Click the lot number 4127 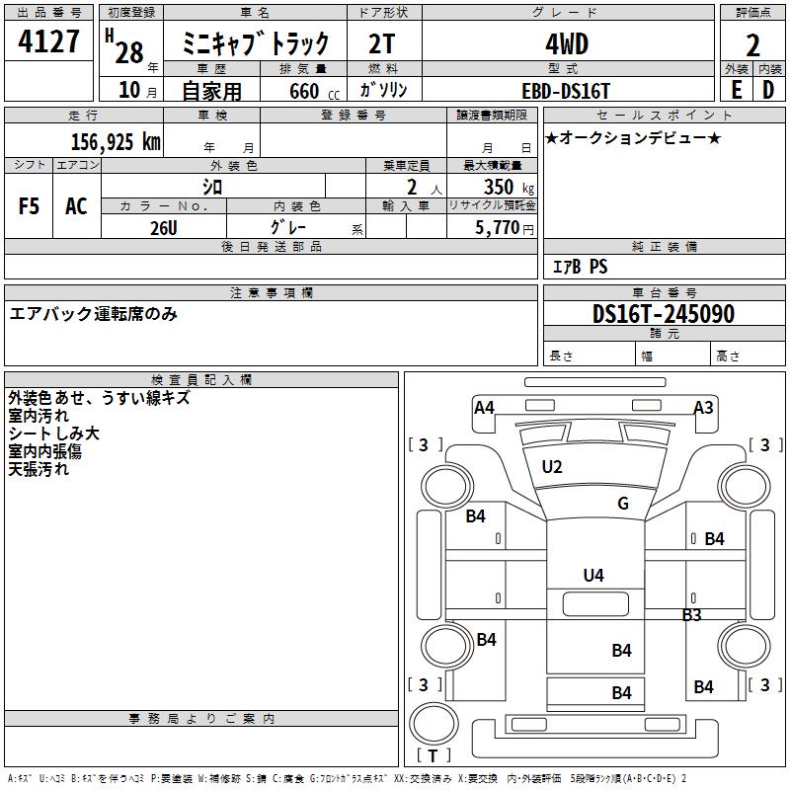(x=49, y=43)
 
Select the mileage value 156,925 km (x=115, y=141)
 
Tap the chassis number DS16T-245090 (x=664, y=314)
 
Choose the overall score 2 (x=752, y=43)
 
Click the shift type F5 (x=30, y=206)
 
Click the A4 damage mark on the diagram (x=484, y=407)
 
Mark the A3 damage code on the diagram (x=703, y=407)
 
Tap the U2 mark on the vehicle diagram (x=552, y=467)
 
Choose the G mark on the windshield (x=622, y=504)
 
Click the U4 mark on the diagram (x=592, y=575)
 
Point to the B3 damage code (x=691, y=614)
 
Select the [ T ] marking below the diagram (x=434, y=755)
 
